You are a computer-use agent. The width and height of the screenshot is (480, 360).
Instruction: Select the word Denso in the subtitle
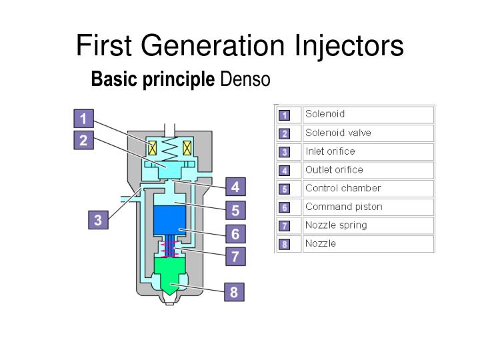(245, 80)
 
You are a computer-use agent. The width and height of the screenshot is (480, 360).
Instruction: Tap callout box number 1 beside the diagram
(83, 119)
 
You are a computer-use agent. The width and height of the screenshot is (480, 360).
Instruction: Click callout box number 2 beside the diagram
(83, 141)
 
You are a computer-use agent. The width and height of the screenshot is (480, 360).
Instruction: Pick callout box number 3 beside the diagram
(98, 221)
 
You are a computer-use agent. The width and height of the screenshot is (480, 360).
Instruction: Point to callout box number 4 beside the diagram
(235, 186)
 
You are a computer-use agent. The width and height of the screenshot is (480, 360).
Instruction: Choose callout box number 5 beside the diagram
(235, 211)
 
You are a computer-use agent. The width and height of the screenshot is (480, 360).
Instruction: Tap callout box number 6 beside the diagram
(235, 234)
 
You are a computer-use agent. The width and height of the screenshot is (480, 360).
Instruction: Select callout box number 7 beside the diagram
(235, 256)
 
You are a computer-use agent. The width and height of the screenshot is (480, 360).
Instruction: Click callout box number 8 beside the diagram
(234, 292)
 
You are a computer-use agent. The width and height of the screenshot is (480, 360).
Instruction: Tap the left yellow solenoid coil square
(152, 147)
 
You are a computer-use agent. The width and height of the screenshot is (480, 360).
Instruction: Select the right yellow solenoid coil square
(187, 147)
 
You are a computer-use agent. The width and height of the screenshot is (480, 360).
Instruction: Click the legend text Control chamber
(343, 188)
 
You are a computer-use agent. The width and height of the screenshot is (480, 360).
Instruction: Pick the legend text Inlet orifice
(330, 151)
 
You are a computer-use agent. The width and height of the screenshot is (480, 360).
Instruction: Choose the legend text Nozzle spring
(336, 225)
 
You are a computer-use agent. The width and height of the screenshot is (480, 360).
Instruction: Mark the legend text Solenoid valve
(338, 133)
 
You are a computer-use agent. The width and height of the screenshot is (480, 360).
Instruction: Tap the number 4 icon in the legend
(285, 170)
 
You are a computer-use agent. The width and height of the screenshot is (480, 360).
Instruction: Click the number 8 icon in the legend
(285, 244)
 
